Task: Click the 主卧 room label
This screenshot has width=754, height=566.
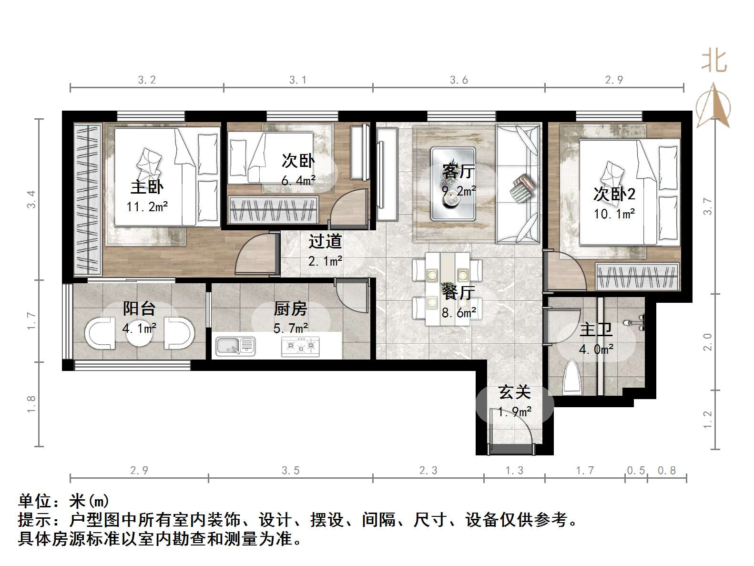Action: tap(147, 187)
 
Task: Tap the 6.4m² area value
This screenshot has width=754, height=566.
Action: tap(298, 181)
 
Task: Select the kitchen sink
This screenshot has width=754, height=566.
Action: tap(235, 346)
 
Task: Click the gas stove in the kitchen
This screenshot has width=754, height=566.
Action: tap(300, 347)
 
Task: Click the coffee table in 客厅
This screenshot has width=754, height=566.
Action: tap(453, 184)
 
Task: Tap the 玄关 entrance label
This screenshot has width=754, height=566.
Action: tap(515, 392)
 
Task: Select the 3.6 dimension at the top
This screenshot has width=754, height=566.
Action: tap(459, 80)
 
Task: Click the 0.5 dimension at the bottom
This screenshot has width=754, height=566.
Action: tap(636, 471)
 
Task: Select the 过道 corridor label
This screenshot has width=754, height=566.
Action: tap(325, 241)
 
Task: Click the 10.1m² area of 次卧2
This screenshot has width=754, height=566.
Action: tap(614, 214)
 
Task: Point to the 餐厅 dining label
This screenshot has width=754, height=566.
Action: tap(459, 292)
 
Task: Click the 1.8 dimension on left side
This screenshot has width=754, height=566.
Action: tap(31, 404)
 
